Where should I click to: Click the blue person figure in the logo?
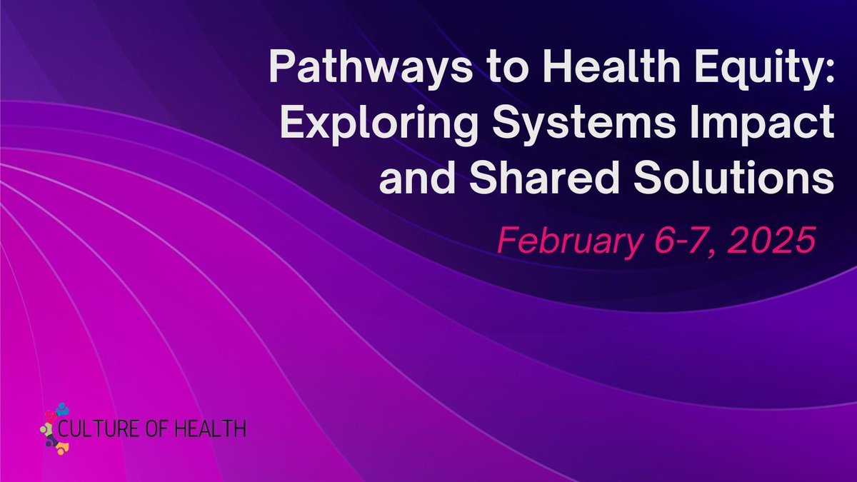pos(63,409)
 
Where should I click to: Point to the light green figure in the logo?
pos(47,428)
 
